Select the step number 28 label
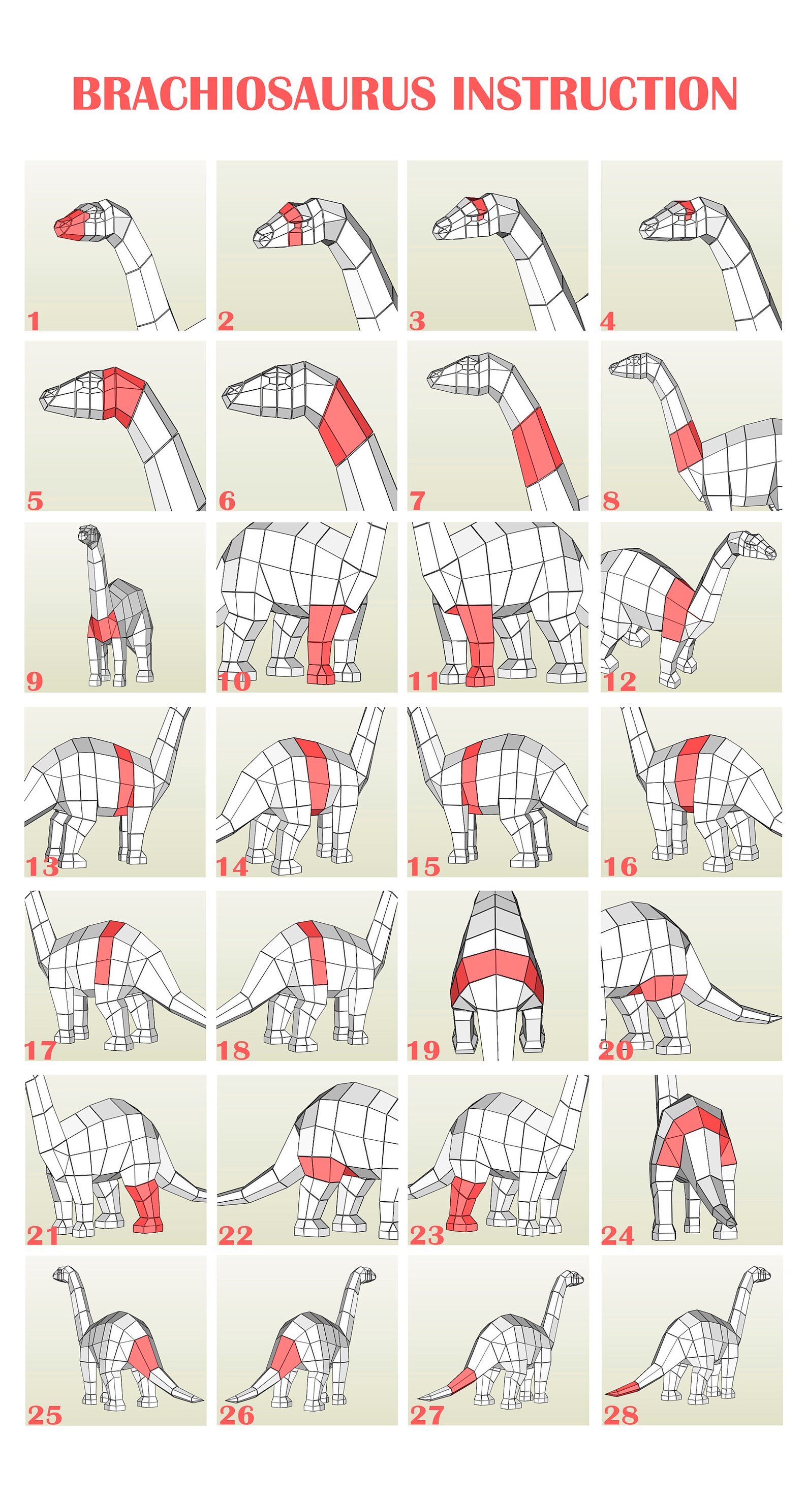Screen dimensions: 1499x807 621,1415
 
